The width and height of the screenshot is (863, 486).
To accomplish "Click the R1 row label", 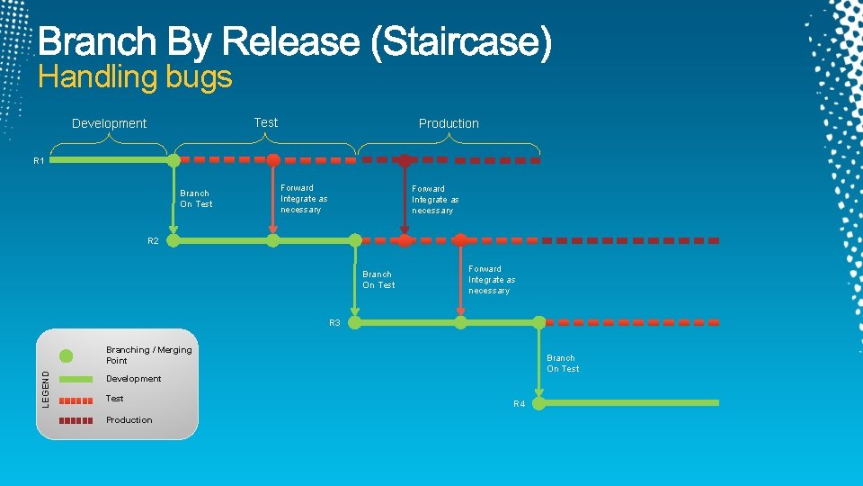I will (x=39, y=161).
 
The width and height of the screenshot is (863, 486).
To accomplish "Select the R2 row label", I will (x=153, y=241).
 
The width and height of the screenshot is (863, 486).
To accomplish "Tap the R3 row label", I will (x=334, y=322).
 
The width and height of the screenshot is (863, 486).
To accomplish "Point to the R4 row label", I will (x=520, y=404).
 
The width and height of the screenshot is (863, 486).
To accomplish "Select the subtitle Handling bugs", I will (x=135, y=77).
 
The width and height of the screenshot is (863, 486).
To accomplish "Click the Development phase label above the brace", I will (x=109, y=123).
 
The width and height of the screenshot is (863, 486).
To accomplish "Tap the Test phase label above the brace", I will (x=266, y=122).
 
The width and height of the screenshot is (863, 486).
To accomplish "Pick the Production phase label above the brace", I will (x=449, y=123).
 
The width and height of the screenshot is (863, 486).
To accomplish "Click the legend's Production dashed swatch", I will (x=76, y=420).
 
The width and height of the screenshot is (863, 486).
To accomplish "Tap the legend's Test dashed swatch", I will (x=76, y=400).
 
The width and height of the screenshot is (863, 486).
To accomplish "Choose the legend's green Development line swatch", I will (x=76, y=379).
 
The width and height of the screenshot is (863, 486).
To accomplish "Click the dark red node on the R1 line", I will (x=405, y=160).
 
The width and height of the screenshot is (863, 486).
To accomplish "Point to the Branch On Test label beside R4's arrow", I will (x=563, y=363).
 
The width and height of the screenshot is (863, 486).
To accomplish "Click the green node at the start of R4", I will (x=539, y=402).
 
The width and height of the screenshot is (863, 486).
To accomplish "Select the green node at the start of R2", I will (x=173, y=240).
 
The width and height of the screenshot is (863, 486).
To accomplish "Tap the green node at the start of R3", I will (x=355, y=321).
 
